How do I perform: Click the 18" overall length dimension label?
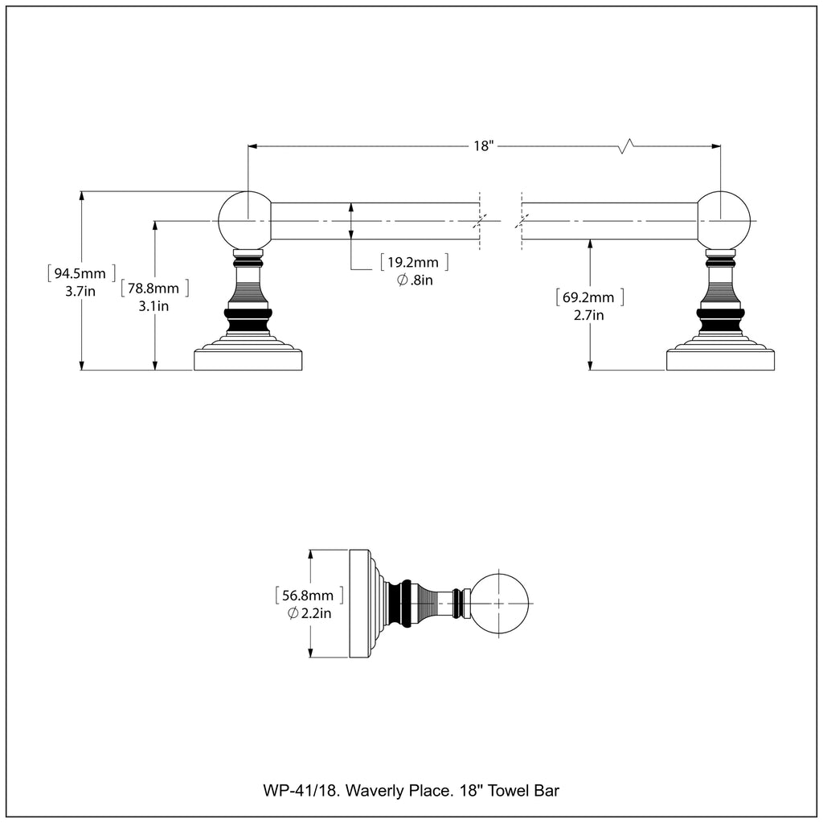[x=482, y=146]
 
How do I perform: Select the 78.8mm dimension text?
[x=154, y=287]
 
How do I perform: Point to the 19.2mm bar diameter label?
[x=414, y=262]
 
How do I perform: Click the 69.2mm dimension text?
[x=589, y=297]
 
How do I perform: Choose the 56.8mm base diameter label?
[x=309, y=596]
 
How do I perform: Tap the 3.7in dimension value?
[x=80, y=291]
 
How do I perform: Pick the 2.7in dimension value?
[x=589, y=316]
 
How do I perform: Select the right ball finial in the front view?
[x=723, y=219]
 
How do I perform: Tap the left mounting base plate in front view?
[x=249, y=359]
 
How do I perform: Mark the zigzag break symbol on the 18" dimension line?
[x=627, y=145]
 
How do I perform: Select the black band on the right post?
[x=722, y=321]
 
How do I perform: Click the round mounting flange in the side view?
[x=359, y=603]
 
